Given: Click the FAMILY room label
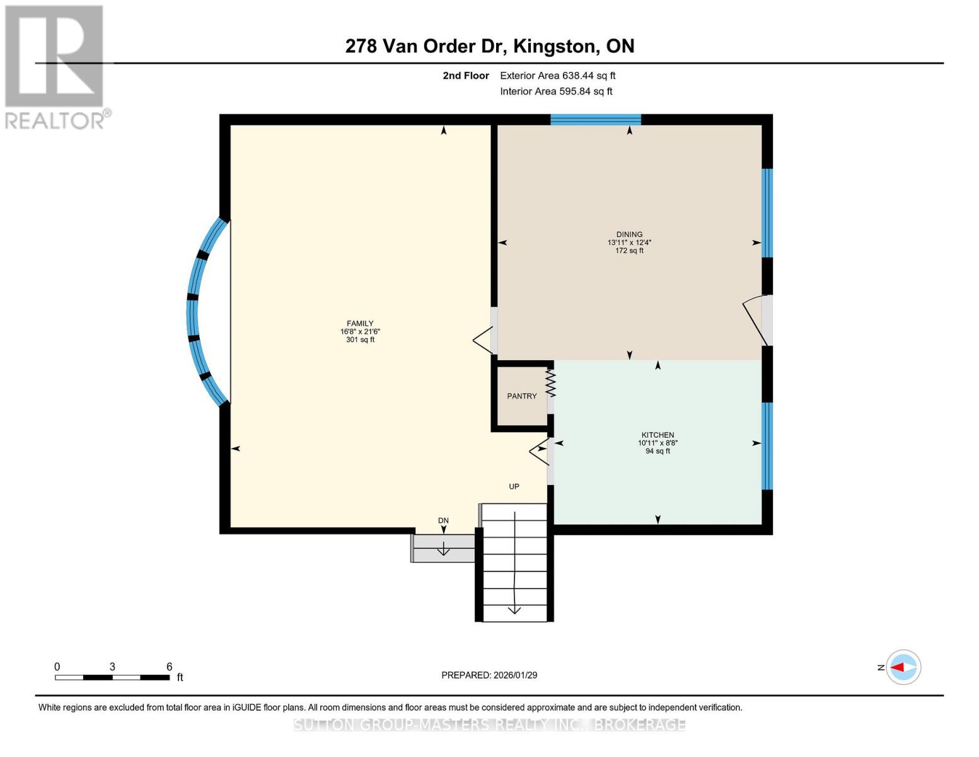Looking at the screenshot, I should [360, 324].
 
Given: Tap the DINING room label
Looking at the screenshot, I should [629, 235].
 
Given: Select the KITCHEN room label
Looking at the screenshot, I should [657, 435].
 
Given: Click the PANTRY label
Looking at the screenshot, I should [522, 396].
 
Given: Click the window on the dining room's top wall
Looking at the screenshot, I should [596, 120].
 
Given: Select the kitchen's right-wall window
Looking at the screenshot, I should [767, 446].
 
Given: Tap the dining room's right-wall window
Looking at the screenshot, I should [767, 213].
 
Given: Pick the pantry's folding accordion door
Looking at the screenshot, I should [550, 383].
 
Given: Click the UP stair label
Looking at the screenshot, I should [514, 486].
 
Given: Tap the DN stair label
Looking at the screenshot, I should [443, 520].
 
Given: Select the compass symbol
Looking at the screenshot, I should [903, 667].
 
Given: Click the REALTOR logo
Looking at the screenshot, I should [55, 67].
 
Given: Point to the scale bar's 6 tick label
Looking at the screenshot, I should [169, 667].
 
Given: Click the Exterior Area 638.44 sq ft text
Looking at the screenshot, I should [557, 76].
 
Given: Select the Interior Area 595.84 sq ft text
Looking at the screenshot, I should [556, 91].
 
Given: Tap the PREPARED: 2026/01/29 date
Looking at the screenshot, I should [489, 675].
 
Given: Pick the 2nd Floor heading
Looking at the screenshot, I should [466, 76].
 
